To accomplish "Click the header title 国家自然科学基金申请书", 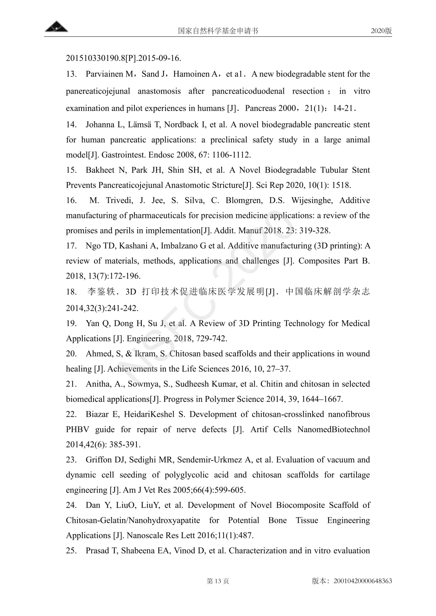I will (218, 31).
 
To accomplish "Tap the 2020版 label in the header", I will (381, 31).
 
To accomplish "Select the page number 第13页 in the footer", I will (218, 581).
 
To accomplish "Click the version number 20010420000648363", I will (363, 581).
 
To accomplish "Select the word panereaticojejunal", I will (98, 91).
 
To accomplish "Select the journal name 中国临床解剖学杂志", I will (327, 292).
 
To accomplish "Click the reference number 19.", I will (71, 324).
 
